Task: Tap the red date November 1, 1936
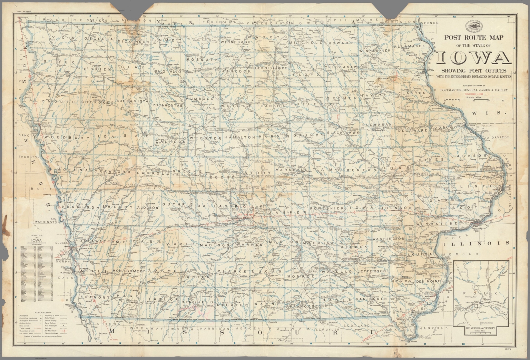(x=474, y=94)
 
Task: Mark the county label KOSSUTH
(x=202, y=59)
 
